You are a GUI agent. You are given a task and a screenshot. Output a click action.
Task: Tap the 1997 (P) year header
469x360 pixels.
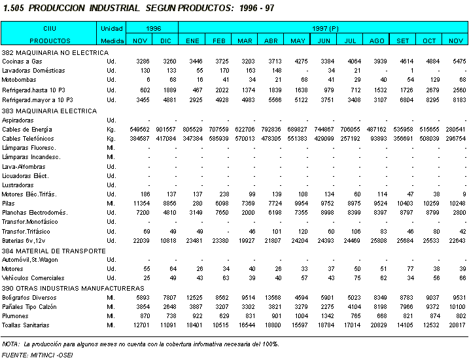[324, 29]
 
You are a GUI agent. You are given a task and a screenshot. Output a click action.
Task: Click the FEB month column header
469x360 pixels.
[218, 41]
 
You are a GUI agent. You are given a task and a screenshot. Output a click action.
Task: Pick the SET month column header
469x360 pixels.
[403, 41]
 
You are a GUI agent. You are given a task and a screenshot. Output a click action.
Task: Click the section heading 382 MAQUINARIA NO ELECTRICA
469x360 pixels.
[55, 52]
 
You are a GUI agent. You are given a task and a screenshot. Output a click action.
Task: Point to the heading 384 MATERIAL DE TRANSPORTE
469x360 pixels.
[54, 251]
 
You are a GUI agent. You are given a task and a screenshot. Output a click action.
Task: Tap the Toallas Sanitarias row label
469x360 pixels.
[26, 325]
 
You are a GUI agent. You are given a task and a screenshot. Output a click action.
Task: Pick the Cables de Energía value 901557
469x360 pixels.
[165, 130]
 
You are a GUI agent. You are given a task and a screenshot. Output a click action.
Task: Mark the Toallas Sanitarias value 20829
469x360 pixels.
[377, 325]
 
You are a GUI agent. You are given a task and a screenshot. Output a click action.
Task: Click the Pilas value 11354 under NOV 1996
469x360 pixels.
[139, 204]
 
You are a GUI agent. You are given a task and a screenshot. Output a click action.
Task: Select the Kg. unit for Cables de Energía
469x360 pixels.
[111, 130]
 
